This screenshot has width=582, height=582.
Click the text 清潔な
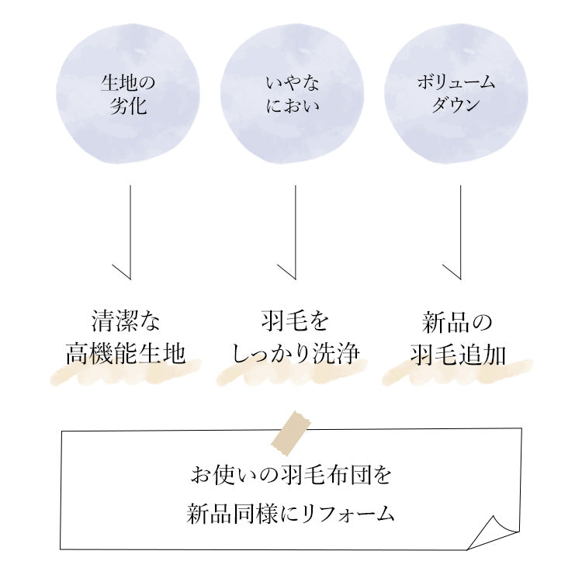coord(125,321)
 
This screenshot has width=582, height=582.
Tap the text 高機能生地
coord(125,354)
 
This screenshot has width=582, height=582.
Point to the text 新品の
coord(458,321)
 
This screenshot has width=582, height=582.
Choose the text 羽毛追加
coord(458,354)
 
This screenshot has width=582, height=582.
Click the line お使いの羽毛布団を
coord(291,474)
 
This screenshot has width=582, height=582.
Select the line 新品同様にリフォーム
coord(291,513)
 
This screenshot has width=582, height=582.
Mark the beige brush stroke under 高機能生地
coord(125,374)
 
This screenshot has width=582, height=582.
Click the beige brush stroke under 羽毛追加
coord(458,374)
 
